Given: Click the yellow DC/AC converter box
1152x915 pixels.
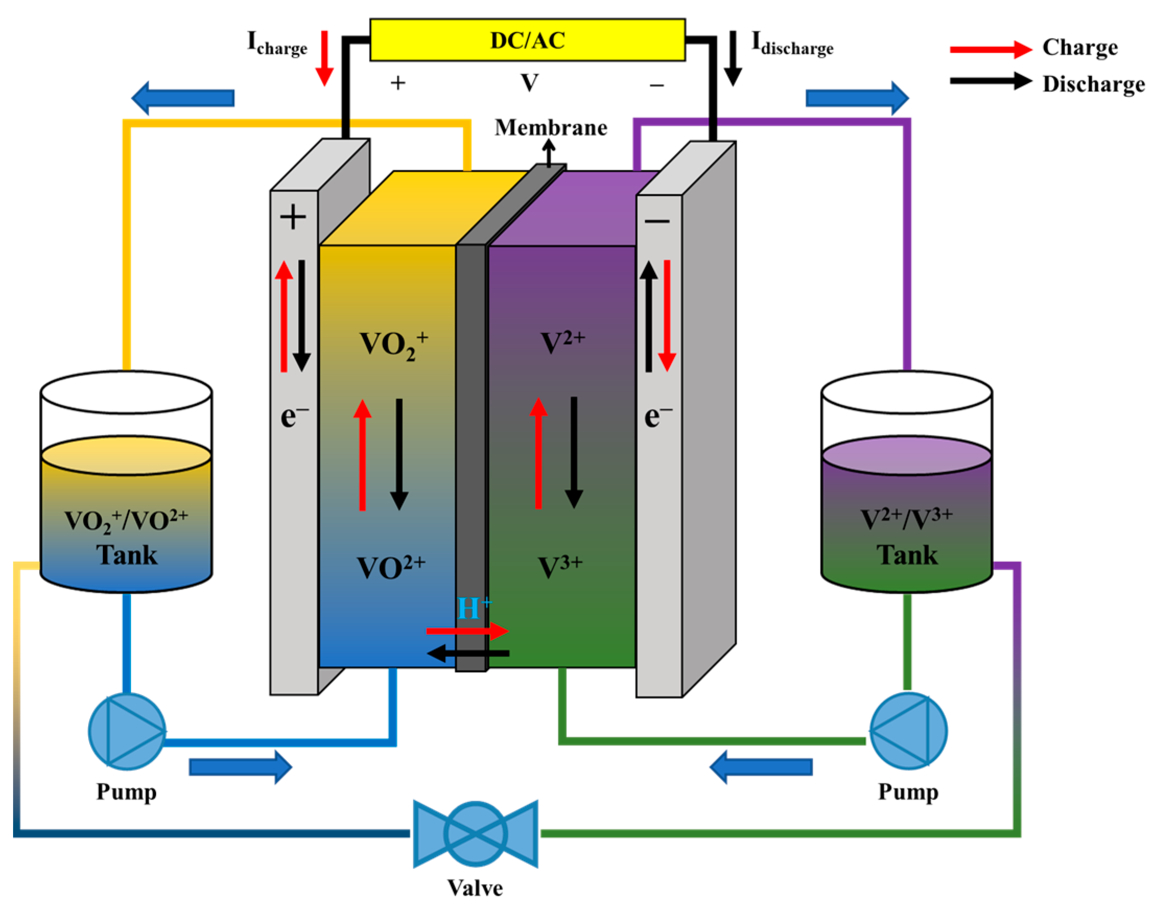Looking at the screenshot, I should click(x=527, y=40).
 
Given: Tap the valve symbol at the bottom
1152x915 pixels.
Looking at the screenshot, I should click(x=475, y=833).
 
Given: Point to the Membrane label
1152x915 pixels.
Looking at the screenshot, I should click(x=551, y=128).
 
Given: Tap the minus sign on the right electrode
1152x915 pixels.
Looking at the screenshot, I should click(x=657, y=220).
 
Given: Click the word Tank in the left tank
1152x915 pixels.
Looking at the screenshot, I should click(x=127, y=555).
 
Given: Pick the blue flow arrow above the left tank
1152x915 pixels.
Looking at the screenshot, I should click(x=183, y=98).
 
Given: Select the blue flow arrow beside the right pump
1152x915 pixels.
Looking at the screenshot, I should click(x=761, y=767).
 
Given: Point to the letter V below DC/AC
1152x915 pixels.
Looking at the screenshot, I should click(x=529, y=83).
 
